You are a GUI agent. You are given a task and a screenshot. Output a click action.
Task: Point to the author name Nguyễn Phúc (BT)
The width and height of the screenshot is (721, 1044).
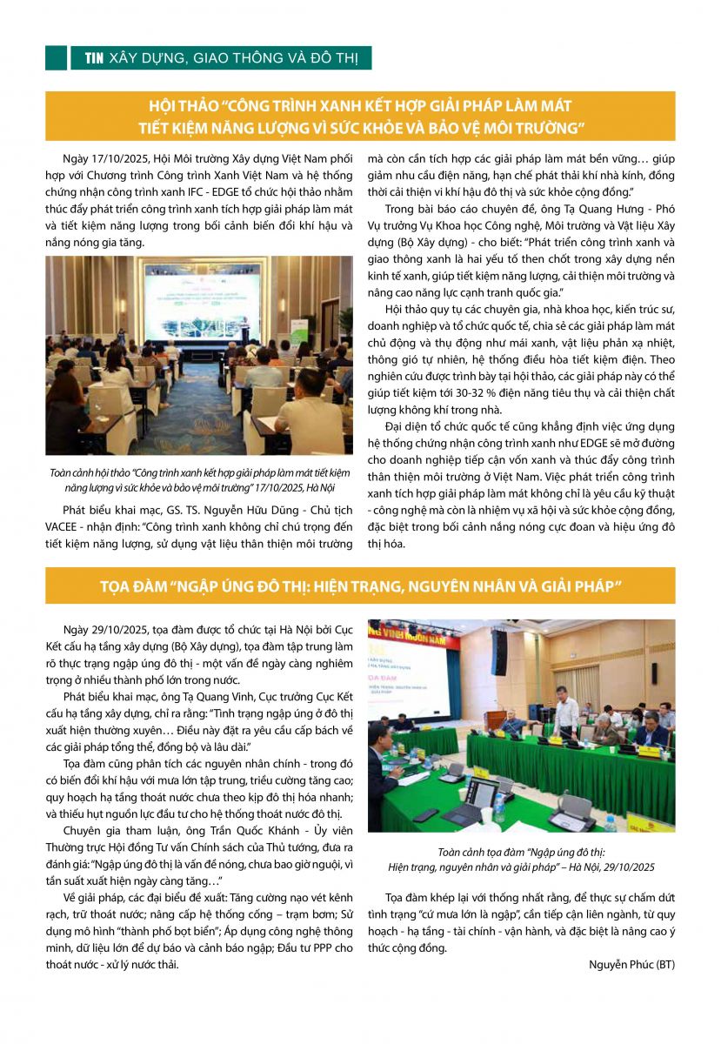pyautogui.click(x=631, y=964)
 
